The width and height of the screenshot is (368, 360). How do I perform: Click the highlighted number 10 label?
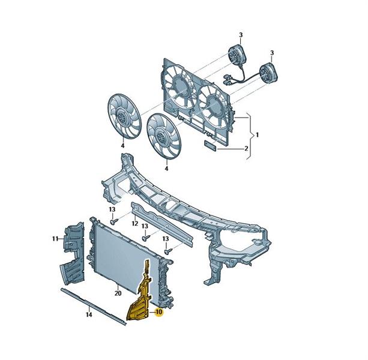point(159,312)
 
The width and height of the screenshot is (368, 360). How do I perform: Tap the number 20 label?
point(118,293)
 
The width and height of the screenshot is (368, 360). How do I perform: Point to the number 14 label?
point(89,315)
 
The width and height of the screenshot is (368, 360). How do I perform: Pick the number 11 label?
point(55,239)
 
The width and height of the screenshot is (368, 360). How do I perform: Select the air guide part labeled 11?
point(72,254)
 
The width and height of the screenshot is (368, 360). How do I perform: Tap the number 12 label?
point(134,223)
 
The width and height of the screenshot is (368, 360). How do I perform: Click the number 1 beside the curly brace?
point(257,135)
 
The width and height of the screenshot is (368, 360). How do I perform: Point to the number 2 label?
point(246,148)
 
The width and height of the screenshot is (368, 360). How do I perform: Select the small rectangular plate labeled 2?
point(210,146)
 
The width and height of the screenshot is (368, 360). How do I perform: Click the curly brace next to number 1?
point(250,136)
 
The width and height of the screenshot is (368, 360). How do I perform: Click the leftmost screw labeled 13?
point(113,221)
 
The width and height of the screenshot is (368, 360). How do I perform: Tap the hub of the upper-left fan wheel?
point(122,116)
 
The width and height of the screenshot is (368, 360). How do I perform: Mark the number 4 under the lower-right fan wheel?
point(166,169)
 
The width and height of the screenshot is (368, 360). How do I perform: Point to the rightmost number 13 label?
point(166,239)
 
